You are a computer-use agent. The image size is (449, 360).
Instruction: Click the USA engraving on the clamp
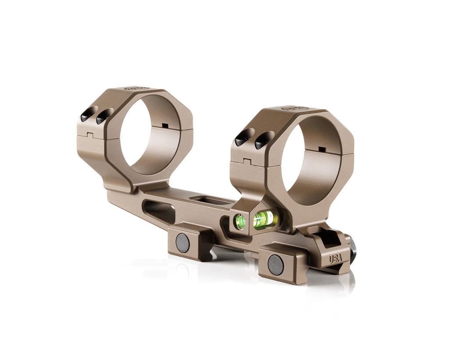(x=335, y=259)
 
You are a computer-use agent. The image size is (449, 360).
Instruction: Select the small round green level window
(x=240, y=221)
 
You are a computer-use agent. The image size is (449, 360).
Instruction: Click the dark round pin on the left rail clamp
(x=182, y=242)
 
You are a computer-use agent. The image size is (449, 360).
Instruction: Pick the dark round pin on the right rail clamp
(x=275, y=265)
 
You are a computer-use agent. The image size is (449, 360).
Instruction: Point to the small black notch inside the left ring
(x=165, y=126)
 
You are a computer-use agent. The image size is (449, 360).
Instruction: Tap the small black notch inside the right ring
(x=322, y=150)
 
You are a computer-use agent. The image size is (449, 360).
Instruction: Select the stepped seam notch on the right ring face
(x=246, y=160)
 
